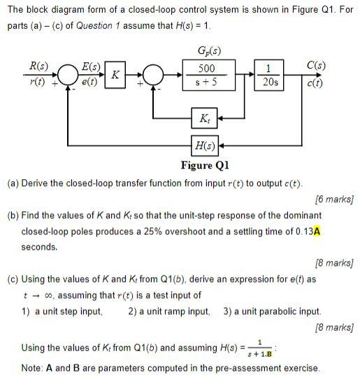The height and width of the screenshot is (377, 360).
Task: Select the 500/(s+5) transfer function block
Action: coord(206,76)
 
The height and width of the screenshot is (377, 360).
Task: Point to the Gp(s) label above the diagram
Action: coord(208,51)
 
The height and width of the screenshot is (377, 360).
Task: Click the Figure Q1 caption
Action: coord(205,165)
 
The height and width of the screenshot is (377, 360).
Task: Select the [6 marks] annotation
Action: coord(332,199)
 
